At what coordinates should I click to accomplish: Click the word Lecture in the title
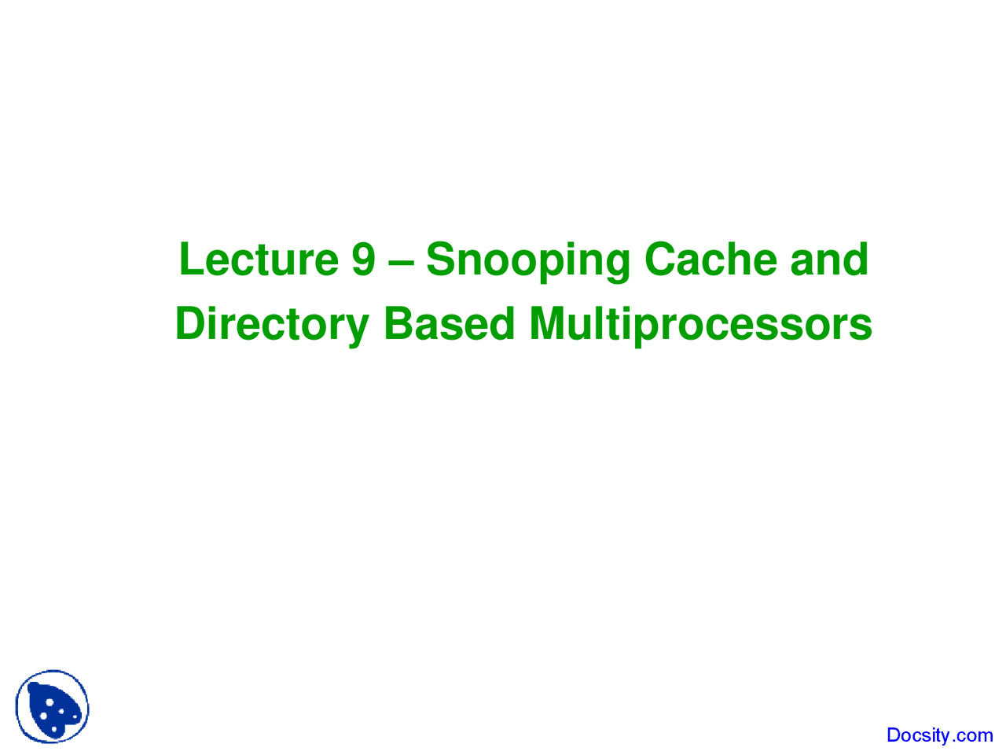click(x=259, y=260)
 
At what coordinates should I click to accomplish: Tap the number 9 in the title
click(x=363, y=260)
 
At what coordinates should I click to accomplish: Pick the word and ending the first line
click(x=828, y=260)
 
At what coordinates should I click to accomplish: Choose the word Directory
click(x=271, y=325)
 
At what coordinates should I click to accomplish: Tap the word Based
click(x=449, y=323)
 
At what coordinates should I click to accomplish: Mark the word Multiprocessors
click(x=700, y=325)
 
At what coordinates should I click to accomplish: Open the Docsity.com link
click(x=939, y=735)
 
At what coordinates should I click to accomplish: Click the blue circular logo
click(x=52, y=707)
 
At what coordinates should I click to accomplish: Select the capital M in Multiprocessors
click(x=548, y=323)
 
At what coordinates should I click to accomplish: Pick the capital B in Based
click(x=397, y=323)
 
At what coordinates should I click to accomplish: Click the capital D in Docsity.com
click(x=894, y=735)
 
